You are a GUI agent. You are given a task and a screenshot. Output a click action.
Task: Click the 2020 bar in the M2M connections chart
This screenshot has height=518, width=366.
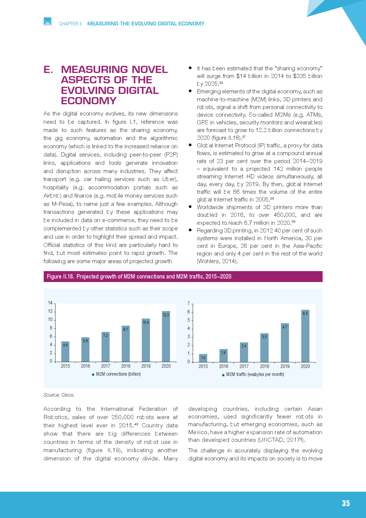pyautogui.click(x=166, y=337)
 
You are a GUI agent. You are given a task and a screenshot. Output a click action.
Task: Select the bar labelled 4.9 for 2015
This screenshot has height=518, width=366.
pyautogui.click(x=65, y=352)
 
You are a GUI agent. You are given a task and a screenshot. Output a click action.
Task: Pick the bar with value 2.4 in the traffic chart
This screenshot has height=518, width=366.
pyautogui.click(x=244, y=352)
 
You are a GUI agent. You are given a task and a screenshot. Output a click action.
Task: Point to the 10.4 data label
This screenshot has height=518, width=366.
pyautogui.click(x=146, y=322)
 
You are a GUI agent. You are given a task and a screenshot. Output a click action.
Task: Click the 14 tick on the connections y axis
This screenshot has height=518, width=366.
pyautogui.click(x=50, y=303)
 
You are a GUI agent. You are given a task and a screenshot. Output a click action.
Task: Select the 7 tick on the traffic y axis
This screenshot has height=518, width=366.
pyautogui.click(x=189, y=304)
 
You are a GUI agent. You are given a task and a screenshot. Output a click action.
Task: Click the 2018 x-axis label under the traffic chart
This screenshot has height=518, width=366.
pyautogui.click(x=264, y=366)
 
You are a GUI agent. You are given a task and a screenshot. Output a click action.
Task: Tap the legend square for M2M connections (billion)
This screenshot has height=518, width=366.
pyautogui.click(x=93, y=374)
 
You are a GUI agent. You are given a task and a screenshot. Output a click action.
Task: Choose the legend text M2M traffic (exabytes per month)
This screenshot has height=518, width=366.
pyautogui.click(x=255, y=374)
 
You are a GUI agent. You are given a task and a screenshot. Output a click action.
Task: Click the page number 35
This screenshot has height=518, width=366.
pyautogui.click(x=346, y=504)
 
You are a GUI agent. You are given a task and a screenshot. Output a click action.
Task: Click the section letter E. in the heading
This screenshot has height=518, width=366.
pyautogui.click(x=48, y=69)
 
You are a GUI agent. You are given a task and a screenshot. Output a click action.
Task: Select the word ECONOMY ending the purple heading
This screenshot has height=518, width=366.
pyautogui.click(x=89, y=101)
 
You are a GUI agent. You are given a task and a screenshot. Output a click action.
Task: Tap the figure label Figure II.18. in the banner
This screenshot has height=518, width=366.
pyautogui.click(x=60, y=276)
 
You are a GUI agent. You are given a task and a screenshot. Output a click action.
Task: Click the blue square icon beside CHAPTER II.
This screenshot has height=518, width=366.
pyautogui.click(x=48, y=22)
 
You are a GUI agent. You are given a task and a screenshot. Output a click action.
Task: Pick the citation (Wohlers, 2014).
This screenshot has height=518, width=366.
pyautogui.click(x=217, y=261)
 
